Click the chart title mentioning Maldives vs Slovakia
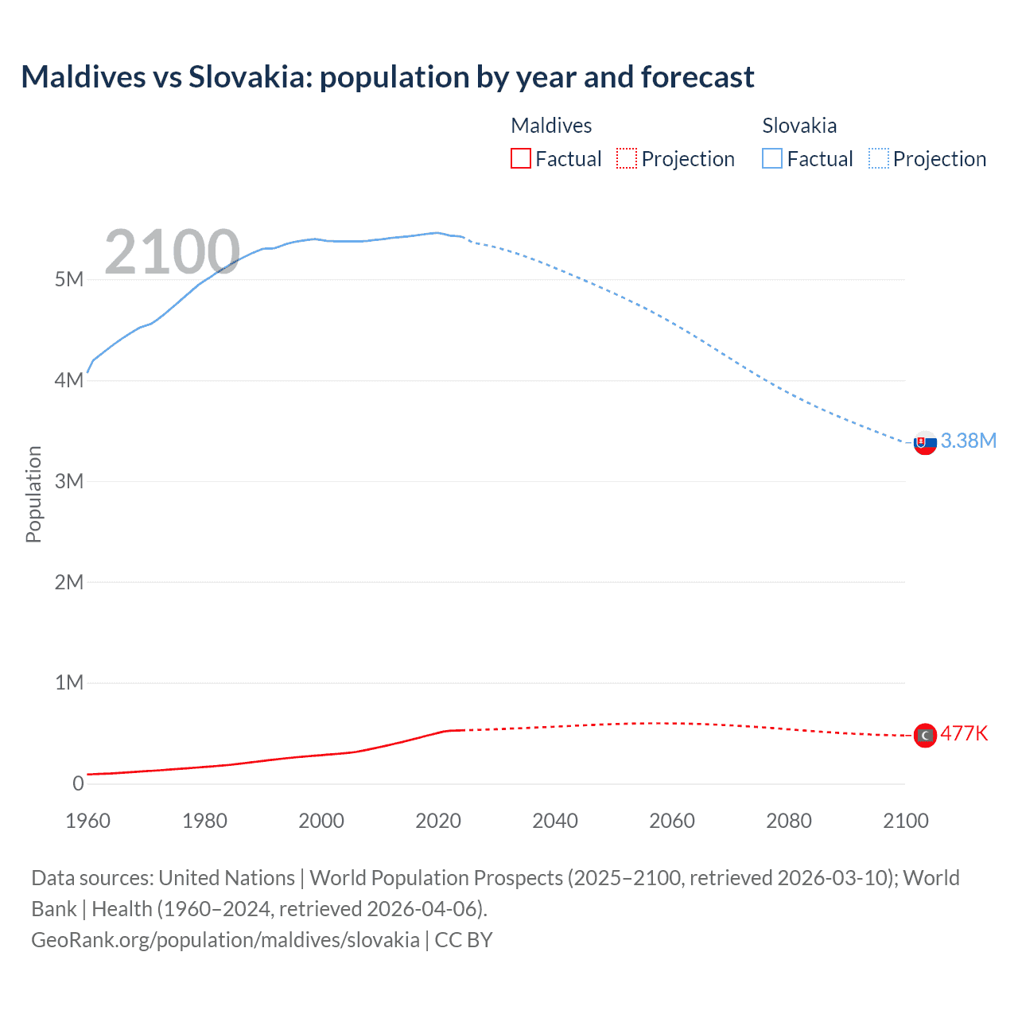pos(387,77)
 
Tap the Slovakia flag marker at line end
pos(925,443)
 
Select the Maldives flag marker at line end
pos(925,736)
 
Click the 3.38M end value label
pos(968,441)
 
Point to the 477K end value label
pos(964,733)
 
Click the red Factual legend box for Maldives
pos(521,159)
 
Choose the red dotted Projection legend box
pos(627,159)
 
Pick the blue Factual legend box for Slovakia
pos(772,159)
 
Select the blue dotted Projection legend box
pos(879,159)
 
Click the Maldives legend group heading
pos(551,126)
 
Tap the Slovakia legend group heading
pos(799,126)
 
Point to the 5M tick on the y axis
pos(69,279)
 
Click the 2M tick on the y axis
pos(69,582)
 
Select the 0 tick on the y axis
pos(78,783)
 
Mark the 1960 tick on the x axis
pos(87,821)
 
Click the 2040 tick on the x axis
pos(555,821)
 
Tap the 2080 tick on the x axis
pos(789,821)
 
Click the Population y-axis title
pos(33,494)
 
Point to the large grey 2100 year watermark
pos(172,252)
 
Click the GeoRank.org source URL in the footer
pos(225,939)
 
